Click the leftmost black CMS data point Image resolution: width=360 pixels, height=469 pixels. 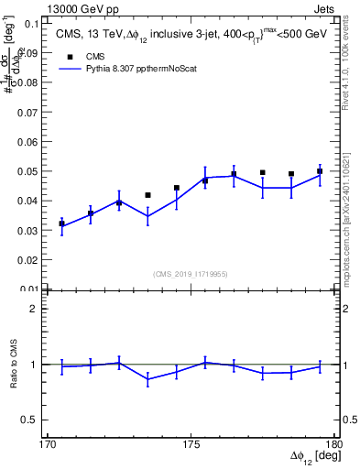(61, 224)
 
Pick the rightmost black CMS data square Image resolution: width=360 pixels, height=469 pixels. (320, 171)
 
